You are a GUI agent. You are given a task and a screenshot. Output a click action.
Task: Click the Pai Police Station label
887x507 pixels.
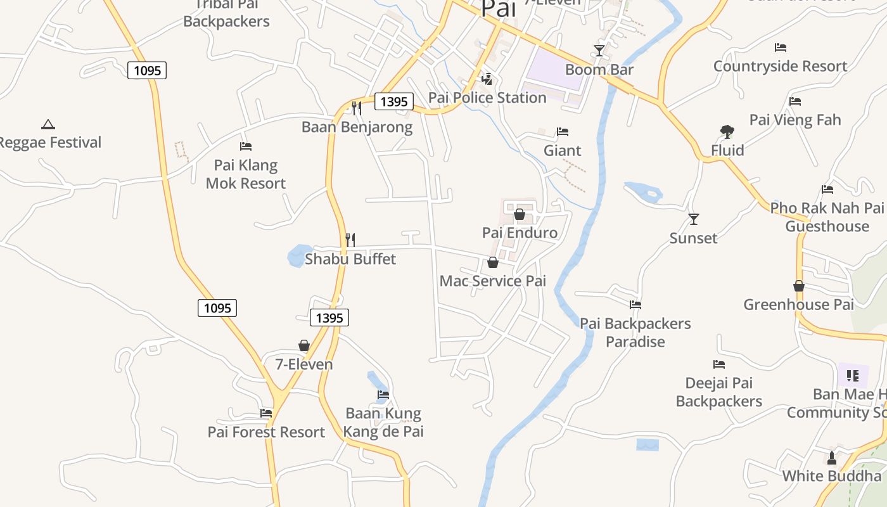click(x=487, y=98)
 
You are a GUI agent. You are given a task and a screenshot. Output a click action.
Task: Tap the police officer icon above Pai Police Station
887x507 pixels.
click(x=487, y=79)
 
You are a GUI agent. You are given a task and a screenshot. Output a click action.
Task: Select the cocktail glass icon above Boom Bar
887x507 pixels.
click(x=599, y=50)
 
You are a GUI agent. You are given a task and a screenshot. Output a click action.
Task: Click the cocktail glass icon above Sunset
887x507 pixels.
click(x=694, y=219)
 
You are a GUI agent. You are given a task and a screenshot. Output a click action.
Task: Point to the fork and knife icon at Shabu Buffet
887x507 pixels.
click(x=350, y=240)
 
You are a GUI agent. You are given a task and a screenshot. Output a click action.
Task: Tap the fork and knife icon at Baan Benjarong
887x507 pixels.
click(x=357, y=108)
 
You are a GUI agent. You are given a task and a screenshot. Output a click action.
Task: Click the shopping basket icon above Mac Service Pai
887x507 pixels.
click(x=493, y=262)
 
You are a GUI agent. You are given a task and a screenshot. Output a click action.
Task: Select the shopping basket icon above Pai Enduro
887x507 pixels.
click(x=520, y=214)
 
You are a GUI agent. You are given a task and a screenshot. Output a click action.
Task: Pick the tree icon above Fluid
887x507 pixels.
click(x=727, y=132)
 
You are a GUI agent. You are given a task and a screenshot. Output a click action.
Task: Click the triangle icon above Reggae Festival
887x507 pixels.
click(x=48, y=124)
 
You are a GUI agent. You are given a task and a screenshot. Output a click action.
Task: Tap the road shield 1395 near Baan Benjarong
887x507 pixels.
click(x=394, y=101)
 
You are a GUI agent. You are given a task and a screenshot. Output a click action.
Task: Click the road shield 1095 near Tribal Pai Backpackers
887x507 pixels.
click(x=147, y=70)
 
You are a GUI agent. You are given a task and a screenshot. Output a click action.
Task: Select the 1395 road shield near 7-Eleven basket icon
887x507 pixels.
click(x=329, y=318)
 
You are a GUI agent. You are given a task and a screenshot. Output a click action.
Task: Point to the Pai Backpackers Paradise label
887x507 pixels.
click(x=635, y=333)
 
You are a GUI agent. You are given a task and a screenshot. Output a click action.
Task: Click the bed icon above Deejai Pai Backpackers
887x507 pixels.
click(x=718, y=364)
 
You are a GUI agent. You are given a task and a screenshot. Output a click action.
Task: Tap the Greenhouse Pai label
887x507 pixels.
click(x=798, y=304)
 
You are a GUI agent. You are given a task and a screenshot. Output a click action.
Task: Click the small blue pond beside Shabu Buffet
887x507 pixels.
click(x=297, y=256)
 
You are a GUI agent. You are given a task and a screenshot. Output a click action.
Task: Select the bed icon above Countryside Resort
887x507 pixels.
click(x=781, y=48)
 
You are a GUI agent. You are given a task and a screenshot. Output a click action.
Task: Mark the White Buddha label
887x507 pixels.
click(x=831, y=476)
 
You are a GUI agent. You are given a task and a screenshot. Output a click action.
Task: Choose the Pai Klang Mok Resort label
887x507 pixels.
click(x=246, y=174)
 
